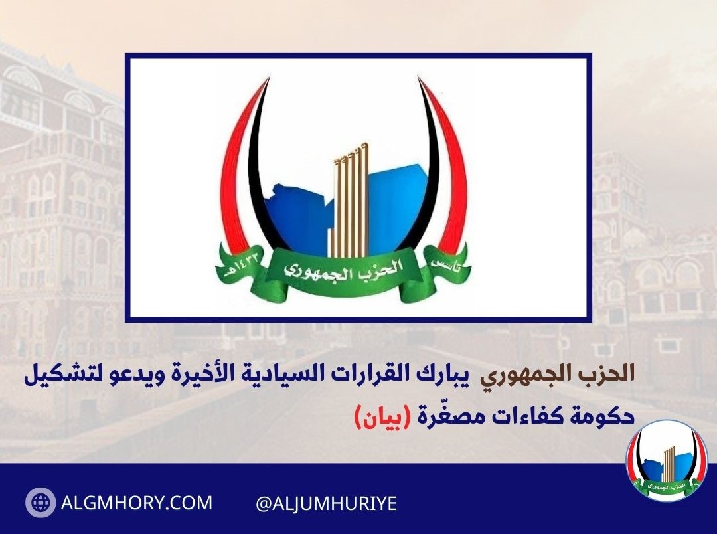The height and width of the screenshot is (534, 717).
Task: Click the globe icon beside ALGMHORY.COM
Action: [40, 503]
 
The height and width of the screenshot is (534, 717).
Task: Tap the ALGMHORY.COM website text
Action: [137, 503]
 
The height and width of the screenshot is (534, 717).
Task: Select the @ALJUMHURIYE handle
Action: [326, 503]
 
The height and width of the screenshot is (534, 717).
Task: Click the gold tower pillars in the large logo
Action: [349, 203]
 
